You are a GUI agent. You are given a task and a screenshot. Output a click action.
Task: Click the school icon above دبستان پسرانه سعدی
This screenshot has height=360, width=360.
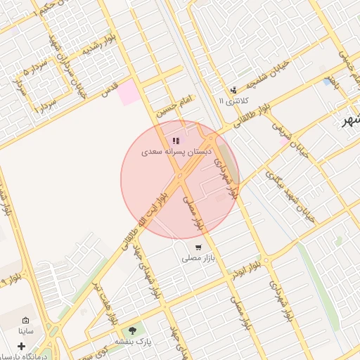pyautogui.click(x=175, y=141)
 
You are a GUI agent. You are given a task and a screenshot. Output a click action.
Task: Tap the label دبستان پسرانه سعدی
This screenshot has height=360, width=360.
pyautogui.click(x=174, y=152)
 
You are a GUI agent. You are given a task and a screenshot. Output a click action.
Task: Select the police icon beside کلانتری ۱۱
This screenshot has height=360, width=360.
pyautogui.click(x=233, y=90)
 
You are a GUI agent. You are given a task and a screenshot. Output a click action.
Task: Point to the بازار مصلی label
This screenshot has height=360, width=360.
pyautogui.click(x=198, y=259)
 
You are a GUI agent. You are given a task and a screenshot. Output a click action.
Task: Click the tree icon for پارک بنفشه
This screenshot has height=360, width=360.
pyautogui.click(x=131, y=330)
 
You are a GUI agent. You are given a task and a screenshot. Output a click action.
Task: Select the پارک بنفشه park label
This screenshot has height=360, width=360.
pyautogui.click(x=133, y=341)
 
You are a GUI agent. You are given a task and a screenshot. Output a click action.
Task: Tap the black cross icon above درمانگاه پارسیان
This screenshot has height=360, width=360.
pyautogui.click(x=22, y=346)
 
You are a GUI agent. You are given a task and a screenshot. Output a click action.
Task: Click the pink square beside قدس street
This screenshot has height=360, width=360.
pyautogui.click(x=129, y=93)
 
